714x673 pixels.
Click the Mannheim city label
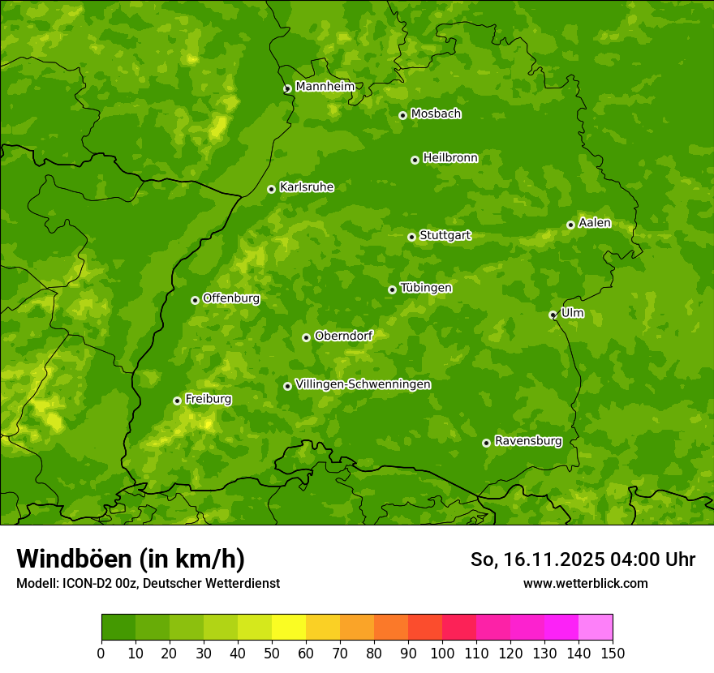pos(325,87)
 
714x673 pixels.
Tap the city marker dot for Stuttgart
pos(411,237)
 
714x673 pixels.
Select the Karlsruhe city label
pos(306,187)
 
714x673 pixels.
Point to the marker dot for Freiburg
pos(177,401)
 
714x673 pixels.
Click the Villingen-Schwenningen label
pos(363,384)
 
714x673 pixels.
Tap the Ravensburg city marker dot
pos(486,443)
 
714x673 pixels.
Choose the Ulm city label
pos(572,313)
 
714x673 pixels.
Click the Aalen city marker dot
pos(570,225)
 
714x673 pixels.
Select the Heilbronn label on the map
pos(449,158)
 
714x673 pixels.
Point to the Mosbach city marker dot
pos(402,115)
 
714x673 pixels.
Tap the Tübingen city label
pos(425,288)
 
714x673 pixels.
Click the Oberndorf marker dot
pos(306,337)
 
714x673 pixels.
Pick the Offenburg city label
pos(230,298)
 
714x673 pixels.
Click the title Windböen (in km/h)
pos(131,559)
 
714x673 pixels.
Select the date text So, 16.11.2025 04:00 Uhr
pos(583,559)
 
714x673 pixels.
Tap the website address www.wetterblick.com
pos(585,583)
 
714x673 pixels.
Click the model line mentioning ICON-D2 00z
pos(148,583)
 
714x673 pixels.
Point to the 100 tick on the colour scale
pos(442,653)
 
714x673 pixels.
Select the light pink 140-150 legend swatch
pos(596,628)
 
